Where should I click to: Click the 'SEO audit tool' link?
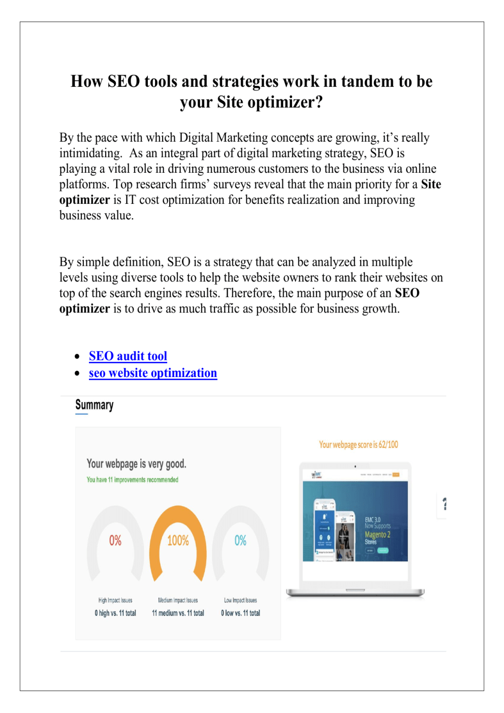click(x=128, y=356)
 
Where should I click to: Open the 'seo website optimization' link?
click(x=153, y=373)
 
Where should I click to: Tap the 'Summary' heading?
click(x=94, y=405)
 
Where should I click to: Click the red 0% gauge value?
click(x=115, y=540)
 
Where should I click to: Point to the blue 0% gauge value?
click(x=240, y=540)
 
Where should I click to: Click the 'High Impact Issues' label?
click(x=115, y=600)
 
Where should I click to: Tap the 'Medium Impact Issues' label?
click(x=178, y=600)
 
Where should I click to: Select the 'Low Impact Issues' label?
click(x=240, y=600)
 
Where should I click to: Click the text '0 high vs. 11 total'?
click(x=115, y=613)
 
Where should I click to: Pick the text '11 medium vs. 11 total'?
click(x=178, y=613)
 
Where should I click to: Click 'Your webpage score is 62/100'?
click(x=358, y=445)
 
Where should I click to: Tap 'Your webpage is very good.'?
click(x=136, y=463)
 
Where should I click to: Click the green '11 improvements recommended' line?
click(x=132, y=480)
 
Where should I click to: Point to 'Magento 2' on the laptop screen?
click(x=377, y=535)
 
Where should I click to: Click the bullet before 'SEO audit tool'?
click(x=77, y=357)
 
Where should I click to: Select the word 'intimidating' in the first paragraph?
click(x=90, y=153)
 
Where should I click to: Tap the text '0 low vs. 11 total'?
click(x=240, y=613)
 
